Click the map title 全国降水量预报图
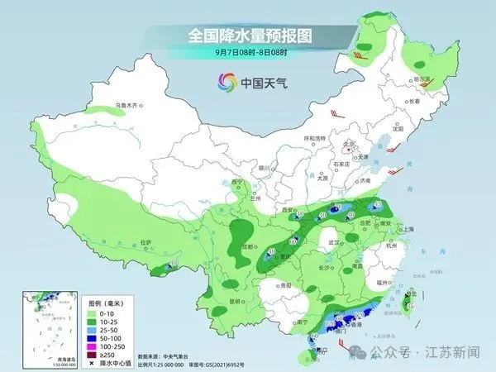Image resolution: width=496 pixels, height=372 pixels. click(247, 36)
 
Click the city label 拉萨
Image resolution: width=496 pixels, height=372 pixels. click(146, 242)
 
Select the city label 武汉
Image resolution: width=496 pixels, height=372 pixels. click(334, 242)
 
